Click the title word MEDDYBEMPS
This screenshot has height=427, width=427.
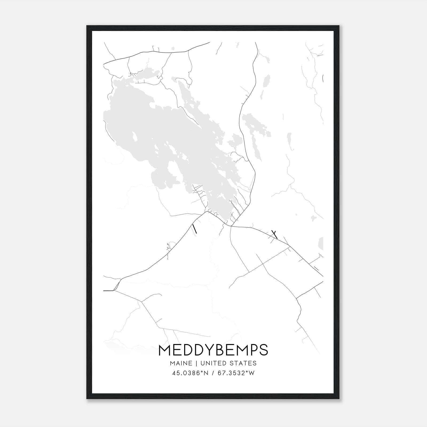[x=213, y=350]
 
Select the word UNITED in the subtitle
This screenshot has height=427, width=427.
[x=213, y=363]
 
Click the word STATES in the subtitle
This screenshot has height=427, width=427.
[x=243, y=363]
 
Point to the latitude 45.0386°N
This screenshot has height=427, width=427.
[x=189, y=373]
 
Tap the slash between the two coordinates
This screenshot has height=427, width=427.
[x=212, y=373]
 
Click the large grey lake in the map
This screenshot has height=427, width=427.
[x=160, y=128]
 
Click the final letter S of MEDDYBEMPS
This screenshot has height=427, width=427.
[x=263, y=350]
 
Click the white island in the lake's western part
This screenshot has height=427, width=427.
[x=135, y=137]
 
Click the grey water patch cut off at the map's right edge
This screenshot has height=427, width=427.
[x=321, y=243]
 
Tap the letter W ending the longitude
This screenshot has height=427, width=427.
[x=252, y=373]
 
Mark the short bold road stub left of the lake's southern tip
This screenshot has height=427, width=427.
[x=195, y=229]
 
